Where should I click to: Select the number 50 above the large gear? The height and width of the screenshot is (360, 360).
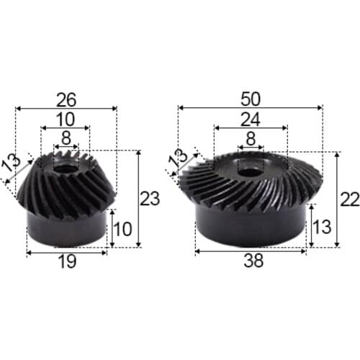click(250, 96)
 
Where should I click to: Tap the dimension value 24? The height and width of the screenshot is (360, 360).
click(250, 117)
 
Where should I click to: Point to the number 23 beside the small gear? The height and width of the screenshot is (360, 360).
click(149, 199)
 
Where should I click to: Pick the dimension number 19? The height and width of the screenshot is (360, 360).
click(66, 264)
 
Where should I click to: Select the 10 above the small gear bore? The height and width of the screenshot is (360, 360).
click(66, 117)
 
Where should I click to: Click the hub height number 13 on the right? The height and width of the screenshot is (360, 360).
click(323, 228)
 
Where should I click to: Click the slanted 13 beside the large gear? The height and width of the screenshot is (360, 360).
click(175, 161)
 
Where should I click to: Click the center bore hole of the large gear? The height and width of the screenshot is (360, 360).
click(251, 171)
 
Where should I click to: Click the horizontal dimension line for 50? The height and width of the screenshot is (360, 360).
click(216, 107)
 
